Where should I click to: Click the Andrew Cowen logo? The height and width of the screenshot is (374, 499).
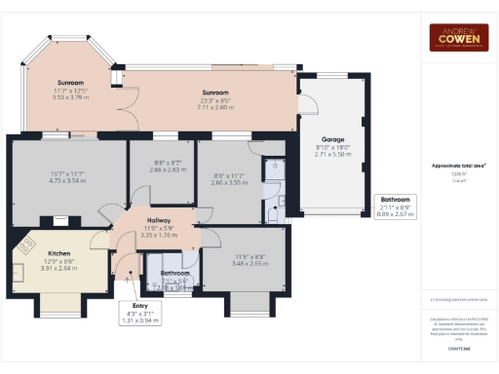tap(458, 37)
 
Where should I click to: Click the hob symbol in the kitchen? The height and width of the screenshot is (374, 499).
tap(21, 245)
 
